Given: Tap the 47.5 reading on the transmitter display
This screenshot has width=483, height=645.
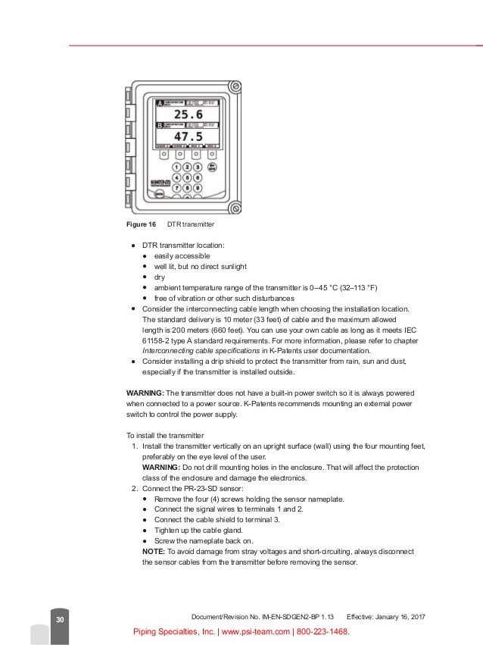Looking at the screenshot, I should coord(187,136).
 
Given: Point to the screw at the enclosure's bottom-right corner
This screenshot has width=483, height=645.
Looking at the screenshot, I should coord(235,207).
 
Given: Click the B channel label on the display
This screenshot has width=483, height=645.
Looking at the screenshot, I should coord(160,124).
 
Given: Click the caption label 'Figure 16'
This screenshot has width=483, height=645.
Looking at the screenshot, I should coord(140,225).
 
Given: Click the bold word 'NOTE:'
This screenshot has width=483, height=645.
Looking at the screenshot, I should coord(155,552).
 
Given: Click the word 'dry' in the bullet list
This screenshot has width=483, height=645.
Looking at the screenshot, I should coord(159,277).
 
